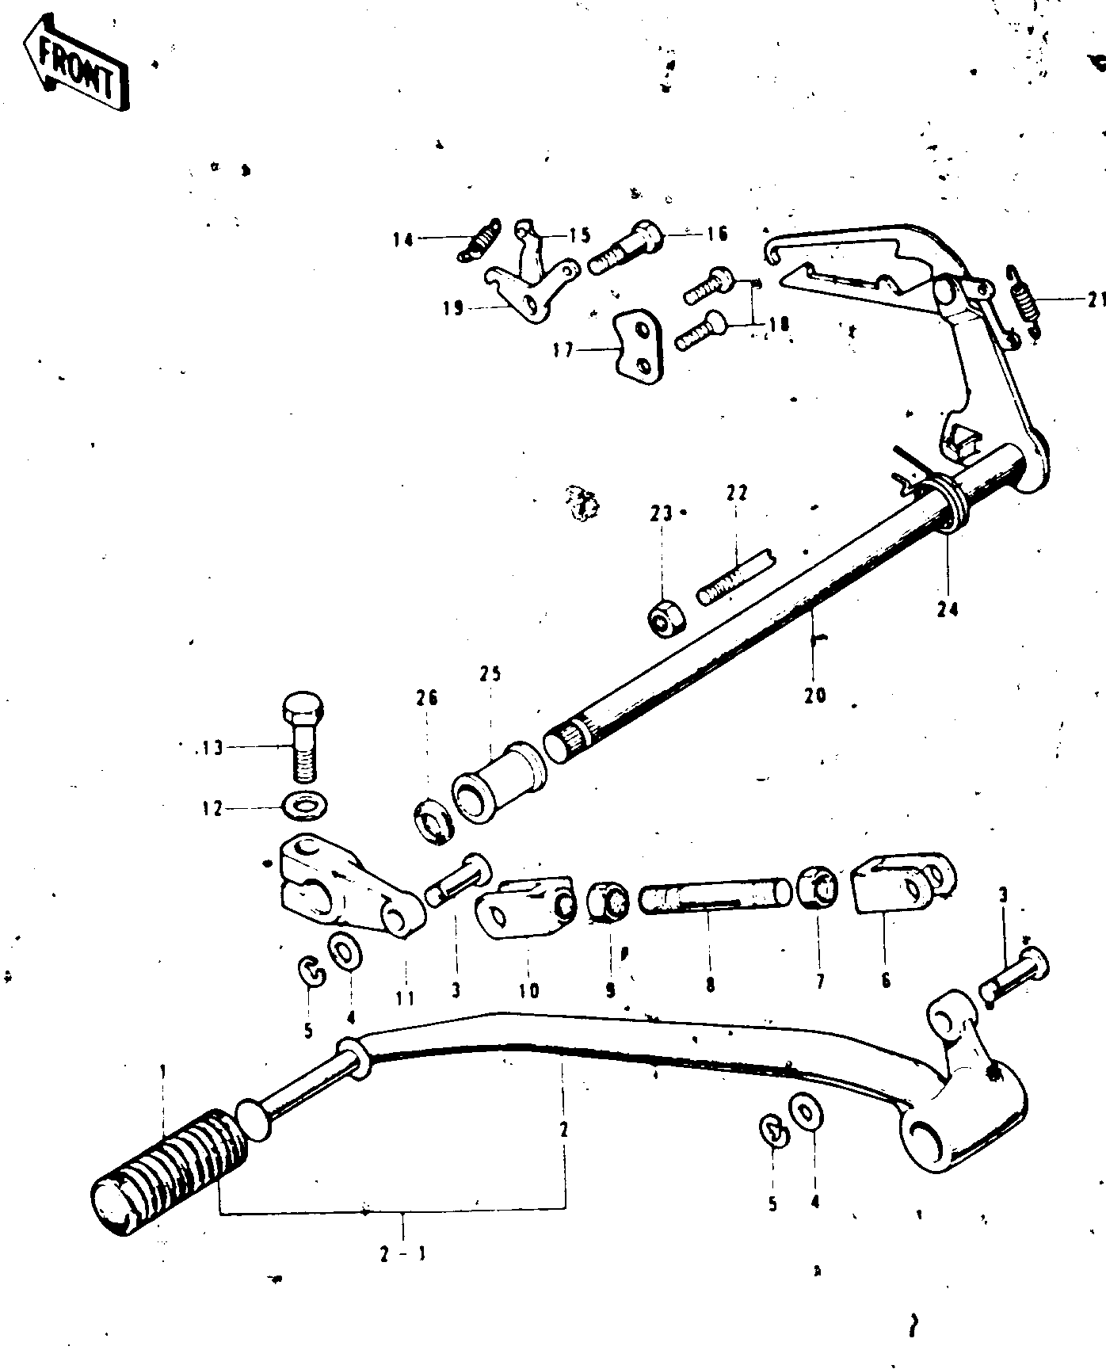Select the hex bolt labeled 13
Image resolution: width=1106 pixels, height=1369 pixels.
301,736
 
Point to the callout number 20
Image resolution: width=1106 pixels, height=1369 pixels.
814,695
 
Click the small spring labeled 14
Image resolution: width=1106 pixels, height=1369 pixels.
479,239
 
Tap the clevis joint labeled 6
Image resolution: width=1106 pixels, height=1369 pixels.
903,883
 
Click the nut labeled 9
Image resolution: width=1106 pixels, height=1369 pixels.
608,902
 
